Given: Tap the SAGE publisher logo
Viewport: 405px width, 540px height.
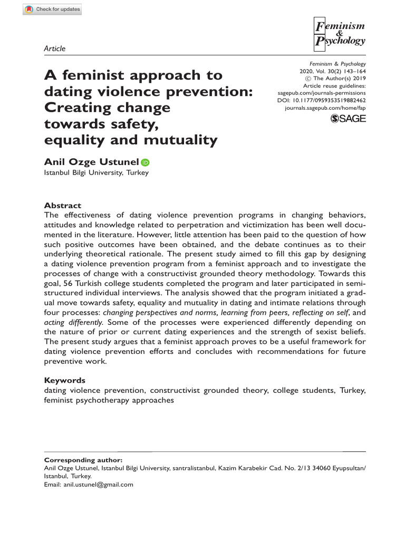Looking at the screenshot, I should (x=348, y=120).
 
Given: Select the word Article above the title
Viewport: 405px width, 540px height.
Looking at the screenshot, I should (x=55, y=49).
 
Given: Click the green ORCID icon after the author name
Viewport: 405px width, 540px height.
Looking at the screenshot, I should (x=145, y=163).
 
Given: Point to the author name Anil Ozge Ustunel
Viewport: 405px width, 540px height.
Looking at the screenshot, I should (x=91, y=162).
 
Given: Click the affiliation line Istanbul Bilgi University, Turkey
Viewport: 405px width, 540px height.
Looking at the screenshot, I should (x=96, y=173).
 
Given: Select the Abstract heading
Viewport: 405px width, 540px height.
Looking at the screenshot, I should (x=63, y=205).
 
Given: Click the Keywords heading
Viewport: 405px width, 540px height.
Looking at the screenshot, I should (x=64, y=380).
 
